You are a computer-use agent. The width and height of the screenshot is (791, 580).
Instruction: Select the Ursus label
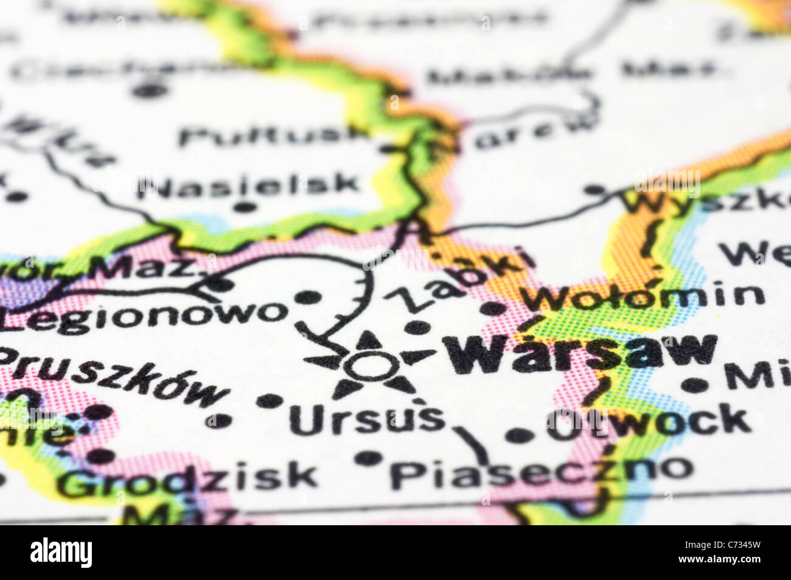367,419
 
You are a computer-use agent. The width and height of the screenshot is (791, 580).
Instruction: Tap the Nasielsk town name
249,184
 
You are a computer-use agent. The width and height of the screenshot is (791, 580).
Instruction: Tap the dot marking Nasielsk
245,208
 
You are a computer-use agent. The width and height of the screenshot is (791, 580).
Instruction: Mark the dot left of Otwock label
519,435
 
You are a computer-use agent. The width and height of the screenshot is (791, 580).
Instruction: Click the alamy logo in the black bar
61,553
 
